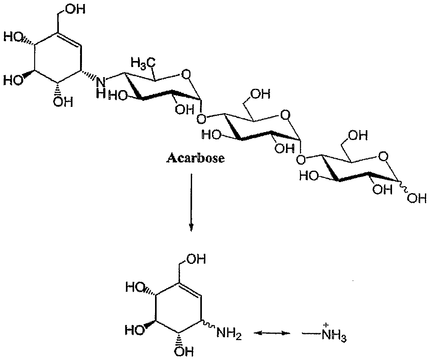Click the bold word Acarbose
(196, 159)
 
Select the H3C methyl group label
(143, 63)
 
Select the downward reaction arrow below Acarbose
(191, 202)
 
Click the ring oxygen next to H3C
(186, 74)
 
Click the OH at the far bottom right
(417, 199)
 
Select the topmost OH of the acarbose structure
(76, 9)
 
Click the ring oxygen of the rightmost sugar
(383, 157)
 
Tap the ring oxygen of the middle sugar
(286, 115)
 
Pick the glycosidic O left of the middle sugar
(201, 119)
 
